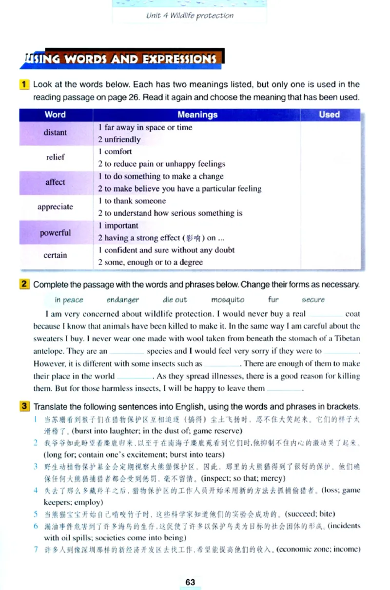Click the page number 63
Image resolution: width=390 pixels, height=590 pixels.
click(x=190, y=582)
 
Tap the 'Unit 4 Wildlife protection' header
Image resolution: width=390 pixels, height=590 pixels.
click(x=190, y=16)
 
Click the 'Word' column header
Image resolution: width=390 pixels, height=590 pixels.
click(x=55, y=115)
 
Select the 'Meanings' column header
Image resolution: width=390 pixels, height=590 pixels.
click(x=197, y=115)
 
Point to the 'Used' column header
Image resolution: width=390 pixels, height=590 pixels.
click(x=329, y=115)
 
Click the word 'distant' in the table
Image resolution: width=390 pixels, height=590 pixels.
click(x=56, y=133)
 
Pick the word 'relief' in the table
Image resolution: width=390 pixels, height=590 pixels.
click(x=55, y=157)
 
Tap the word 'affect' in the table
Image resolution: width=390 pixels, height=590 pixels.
click(x=55, y=182)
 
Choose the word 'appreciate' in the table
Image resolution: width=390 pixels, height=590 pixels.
click(x=55, y=207)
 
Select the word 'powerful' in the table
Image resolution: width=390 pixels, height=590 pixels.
click(x=55, y=232)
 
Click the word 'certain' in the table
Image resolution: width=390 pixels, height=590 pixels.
click(x=55, y=255)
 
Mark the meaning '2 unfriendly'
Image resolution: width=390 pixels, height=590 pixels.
click(x=119, y=140)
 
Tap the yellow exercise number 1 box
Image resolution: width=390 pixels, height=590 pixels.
click(x=24, y=84)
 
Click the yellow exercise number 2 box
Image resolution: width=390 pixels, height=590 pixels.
click(x=24, y=285)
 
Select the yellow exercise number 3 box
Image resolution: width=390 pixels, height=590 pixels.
click(x=24, y=406)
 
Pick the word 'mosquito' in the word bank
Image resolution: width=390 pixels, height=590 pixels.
click(x=228, y=300)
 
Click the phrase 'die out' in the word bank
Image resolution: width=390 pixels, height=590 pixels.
click(x=175, y=300)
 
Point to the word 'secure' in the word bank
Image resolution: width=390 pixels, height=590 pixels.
click(x=313, y=300)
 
